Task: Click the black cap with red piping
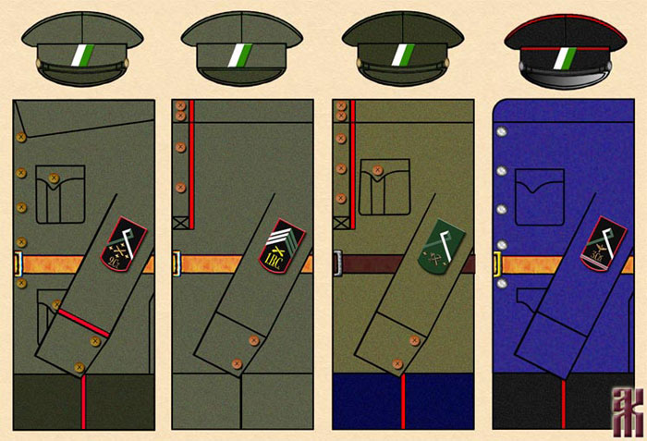tap(561, 50)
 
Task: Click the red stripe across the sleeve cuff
tap(84, 323)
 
